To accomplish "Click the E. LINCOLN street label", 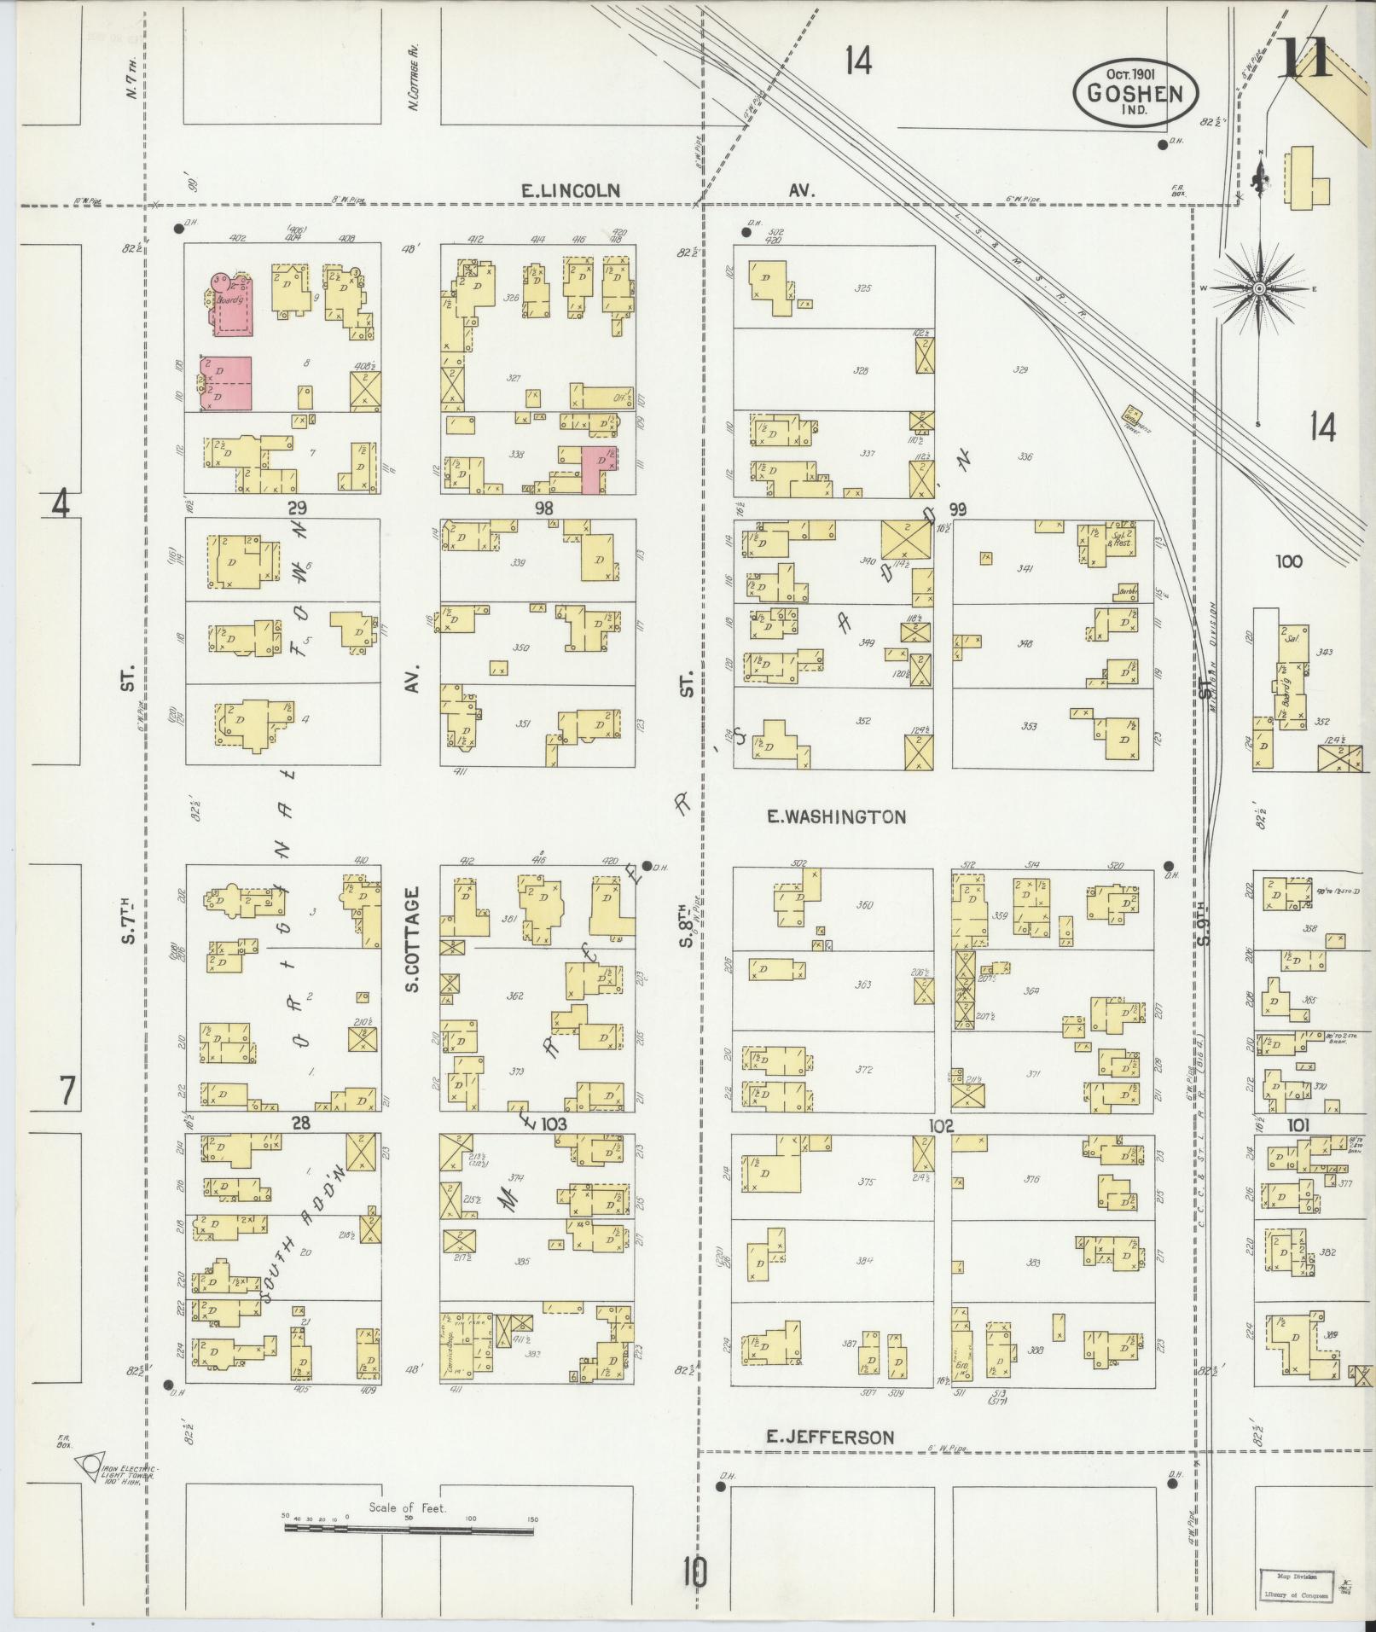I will click(x=569, y=191).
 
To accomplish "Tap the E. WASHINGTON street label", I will click(x=836, y=817).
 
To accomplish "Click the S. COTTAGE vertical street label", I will click(x=413, y=938).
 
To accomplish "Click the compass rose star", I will click(x=1258, y=290).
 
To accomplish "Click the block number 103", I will click(x=554, y=1124).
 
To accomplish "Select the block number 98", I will click(x=543, y=508).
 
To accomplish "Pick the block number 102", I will click(x=941, y=1125).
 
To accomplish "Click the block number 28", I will click(x=300, y=1124).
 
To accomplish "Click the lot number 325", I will click(x=862, y=289).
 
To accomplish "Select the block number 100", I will click(x=1289, y=561).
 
